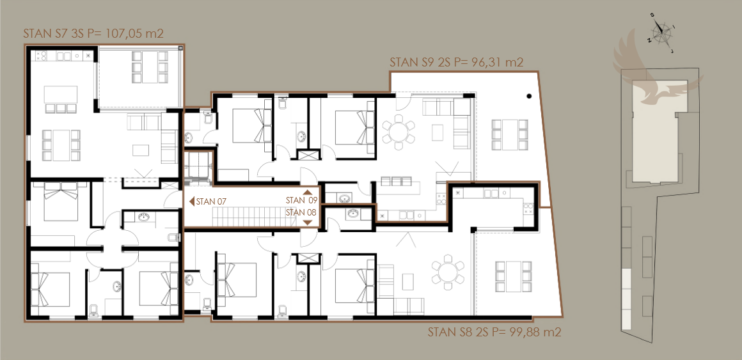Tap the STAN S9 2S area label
456,63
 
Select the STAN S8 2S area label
494,332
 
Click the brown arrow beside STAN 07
192,201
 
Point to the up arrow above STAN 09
307,192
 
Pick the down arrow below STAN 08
307,223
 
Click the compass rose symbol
661,32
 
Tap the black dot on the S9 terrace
529,97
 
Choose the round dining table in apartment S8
447,272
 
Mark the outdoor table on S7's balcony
150,67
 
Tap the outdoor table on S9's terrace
510,134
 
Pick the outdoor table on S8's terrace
514,276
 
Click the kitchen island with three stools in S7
61,99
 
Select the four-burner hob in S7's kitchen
40,56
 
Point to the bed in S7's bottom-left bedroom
50,288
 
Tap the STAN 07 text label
211,201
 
